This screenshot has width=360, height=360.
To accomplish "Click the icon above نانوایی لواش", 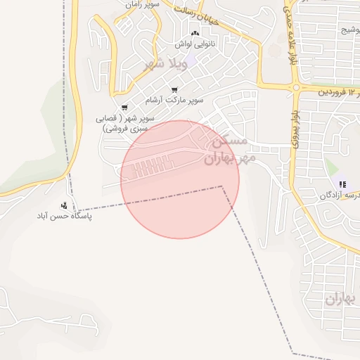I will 195,34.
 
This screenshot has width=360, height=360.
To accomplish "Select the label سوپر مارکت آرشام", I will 179,100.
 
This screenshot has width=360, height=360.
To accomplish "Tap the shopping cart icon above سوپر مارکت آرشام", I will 174,90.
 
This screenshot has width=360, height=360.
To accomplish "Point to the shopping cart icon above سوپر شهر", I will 124,107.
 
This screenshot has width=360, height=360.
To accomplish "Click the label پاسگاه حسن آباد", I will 65,217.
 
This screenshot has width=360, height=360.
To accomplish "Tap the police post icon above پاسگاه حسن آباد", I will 65,206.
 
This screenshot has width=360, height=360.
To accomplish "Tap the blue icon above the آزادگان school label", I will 342,184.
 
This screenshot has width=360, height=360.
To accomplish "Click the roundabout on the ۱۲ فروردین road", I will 295,89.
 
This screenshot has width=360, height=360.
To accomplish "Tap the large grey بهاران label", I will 342,299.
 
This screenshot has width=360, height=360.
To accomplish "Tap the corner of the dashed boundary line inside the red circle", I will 222,187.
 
